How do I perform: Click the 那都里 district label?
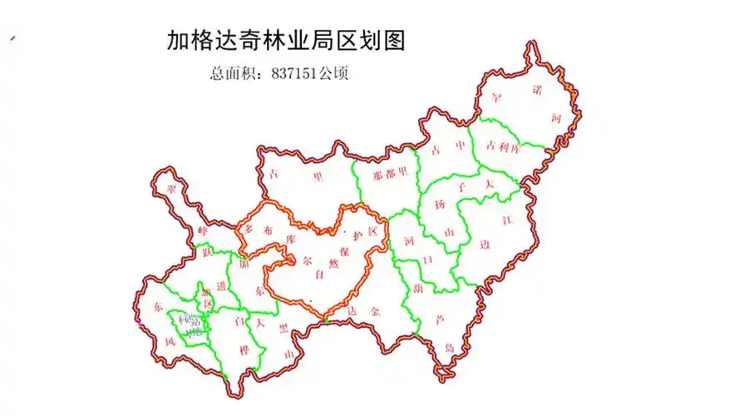point(392,176)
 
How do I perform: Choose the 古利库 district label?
point(503,146)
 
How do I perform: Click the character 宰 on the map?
point(498,98)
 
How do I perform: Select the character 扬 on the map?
point(440,204)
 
